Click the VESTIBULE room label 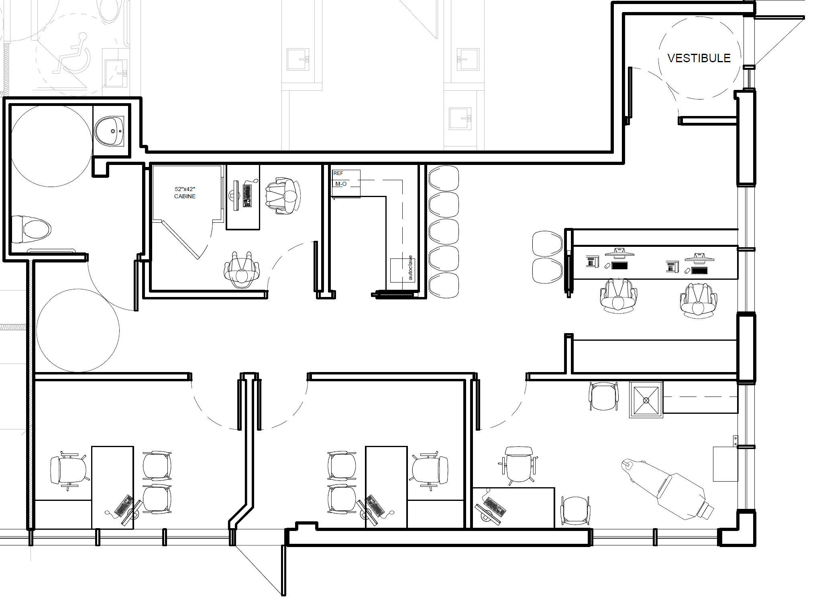pyautogui.click(x=699, y=58)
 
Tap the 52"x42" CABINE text pyautogui.click(x=185, y=193)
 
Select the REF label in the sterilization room pyautogui.click(x=338, y=173)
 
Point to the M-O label pyautogui.click(x=341, y=184)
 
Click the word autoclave pyautogui.click(x=410, y=268)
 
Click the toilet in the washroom pyautogui.click(x=32, y=229)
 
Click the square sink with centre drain pyautogui.click(x=646, y=400)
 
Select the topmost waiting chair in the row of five pyautogui.click(x=444, y=179)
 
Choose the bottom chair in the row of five pyautogui.click(x=444, y=285)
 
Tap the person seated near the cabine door pyautogui.click(x=242, y=270)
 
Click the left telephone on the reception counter pyautogui.click(x=592, y=261)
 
